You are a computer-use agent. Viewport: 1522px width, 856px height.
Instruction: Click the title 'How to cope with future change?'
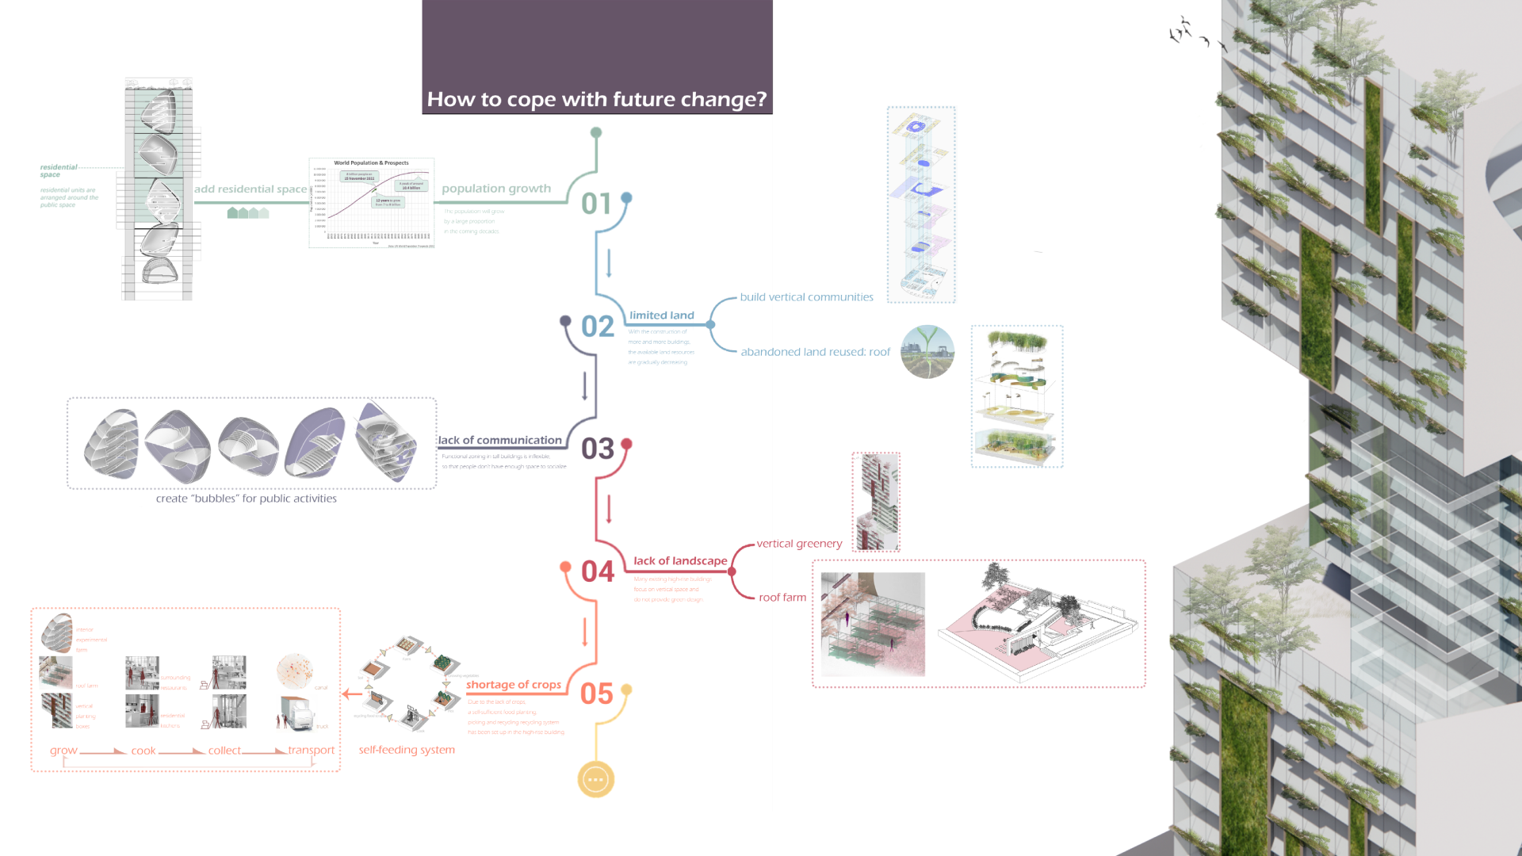tap(596, 99)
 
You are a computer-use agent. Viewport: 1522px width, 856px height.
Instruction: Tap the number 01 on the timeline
tap(596, 204)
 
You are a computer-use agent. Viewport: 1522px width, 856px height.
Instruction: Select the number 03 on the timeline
tap(597, 449)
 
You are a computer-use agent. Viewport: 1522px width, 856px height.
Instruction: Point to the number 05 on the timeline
tap(596, 694)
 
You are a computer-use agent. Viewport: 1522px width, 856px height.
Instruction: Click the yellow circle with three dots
tap(596, 779)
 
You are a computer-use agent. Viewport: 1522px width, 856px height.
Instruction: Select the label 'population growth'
tap(496, 189)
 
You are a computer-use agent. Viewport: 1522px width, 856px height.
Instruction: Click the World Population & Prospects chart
tap(372, 203)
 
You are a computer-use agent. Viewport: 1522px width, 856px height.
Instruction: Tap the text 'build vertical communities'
tap(806, 297)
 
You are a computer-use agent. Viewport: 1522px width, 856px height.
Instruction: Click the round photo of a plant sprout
tap(927, 352)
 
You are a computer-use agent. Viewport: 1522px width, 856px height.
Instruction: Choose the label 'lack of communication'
tap(499, 440)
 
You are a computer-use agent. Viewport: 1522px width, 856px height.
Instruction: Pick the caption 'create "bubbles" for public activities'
tap(246, 499)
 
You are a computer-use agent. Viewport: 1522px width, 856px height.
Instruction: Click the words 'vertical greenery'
tap(799, 544)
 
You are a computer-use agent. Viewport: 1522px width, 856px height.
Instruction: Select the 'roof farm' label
tap(782, 598)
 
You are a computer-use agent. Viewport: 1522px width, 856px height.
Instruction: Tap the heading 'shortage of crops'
tap(513, 685)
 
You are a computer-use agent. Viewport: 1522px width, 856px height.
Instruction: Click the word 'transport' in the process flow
tap(311, 750)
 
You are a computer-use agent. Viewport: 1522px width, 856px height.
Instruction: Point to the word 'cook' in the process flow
tap(143, 751)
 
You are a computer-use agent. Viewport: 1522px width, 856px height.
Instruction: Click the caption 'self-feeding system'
tap(407, 750)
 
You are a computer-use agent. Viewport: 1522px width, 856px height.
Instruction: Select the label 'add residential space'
tap(250, 189)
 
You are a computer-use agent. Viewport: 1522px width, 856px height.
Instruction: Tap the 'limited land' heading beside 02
tap(661, 315)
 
